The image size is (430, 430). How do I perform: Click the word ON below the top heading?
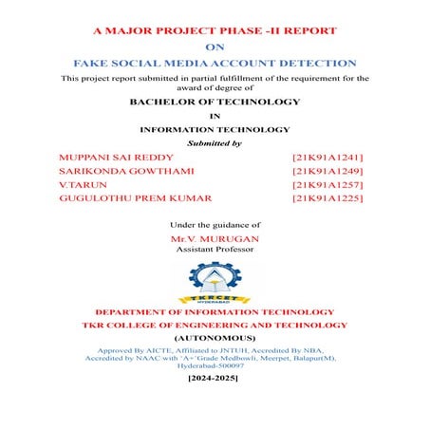(215, 44)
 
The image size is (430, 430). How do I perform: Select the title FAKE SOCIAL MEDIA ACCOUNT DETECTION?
(215, 62)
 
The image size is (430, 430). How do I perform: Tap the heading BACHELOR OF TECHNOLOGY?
(215, 102)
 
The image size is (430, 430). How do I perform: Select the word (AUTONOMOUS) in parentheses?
(215, 338)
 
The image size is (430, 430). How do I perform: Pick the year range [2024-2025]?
(215, 378)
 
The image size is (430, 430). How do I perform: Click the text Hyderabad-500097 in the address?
(215, 365)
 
